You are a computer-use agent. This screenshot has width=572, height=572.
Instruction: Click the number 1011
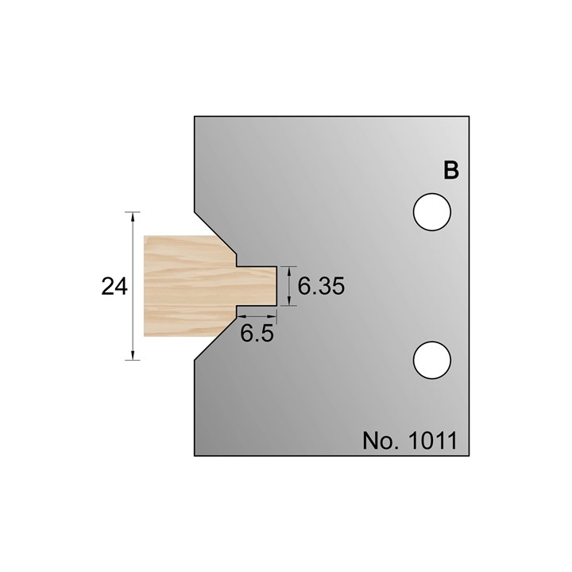tap(431, 439)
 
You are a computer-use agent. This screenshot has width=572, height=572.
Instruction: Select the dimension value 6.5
tap(257, 334)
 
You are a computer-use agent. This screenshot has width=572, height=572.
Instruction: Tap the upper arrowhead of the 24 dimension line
tap(133, 217)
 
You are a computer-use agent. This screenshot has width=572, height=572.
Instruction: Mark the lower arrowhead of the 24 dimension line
tap(133, 355)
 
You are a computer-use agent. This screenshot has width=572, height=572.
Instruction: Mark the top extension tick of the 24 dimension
tap(133, 211)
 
